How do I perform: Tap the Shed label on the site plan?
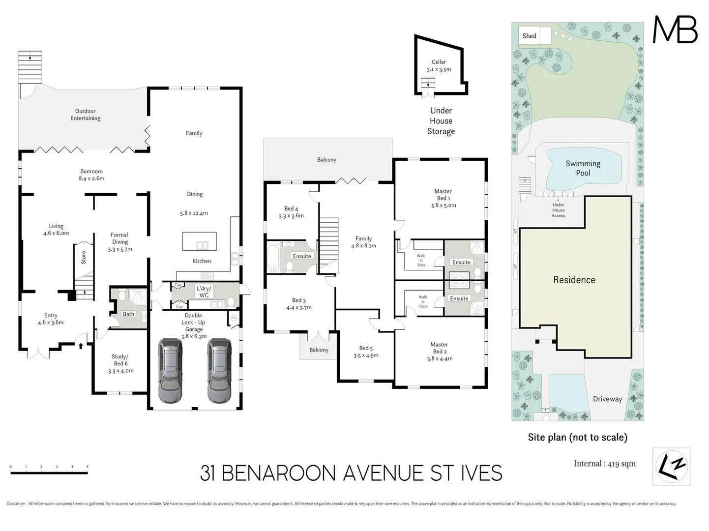pos(529,36)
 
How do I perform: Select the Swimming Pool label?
pos(583,168)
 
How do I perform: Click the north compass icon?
pos(671,466)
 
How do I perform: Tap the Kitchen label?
pos(202,261)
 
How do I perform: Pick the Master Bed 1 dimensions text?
pos(443,206)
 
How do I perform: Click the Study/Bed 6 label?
pos(120,363)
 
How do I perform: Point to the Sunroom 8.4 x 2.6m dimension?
pos(91,178)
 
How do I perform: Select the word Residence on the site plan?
pos(574,280)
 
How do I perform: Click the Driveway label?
pos(607,399)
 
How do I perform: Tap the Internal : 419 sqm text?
pos(604,464)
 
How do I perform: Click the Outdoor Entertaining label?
pos(85,115)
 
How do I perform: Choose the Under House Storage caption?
pos(441,121)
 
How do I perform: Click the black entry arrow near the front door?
pos(81,346)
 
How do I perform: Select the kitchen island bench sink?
pos(202,245)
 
